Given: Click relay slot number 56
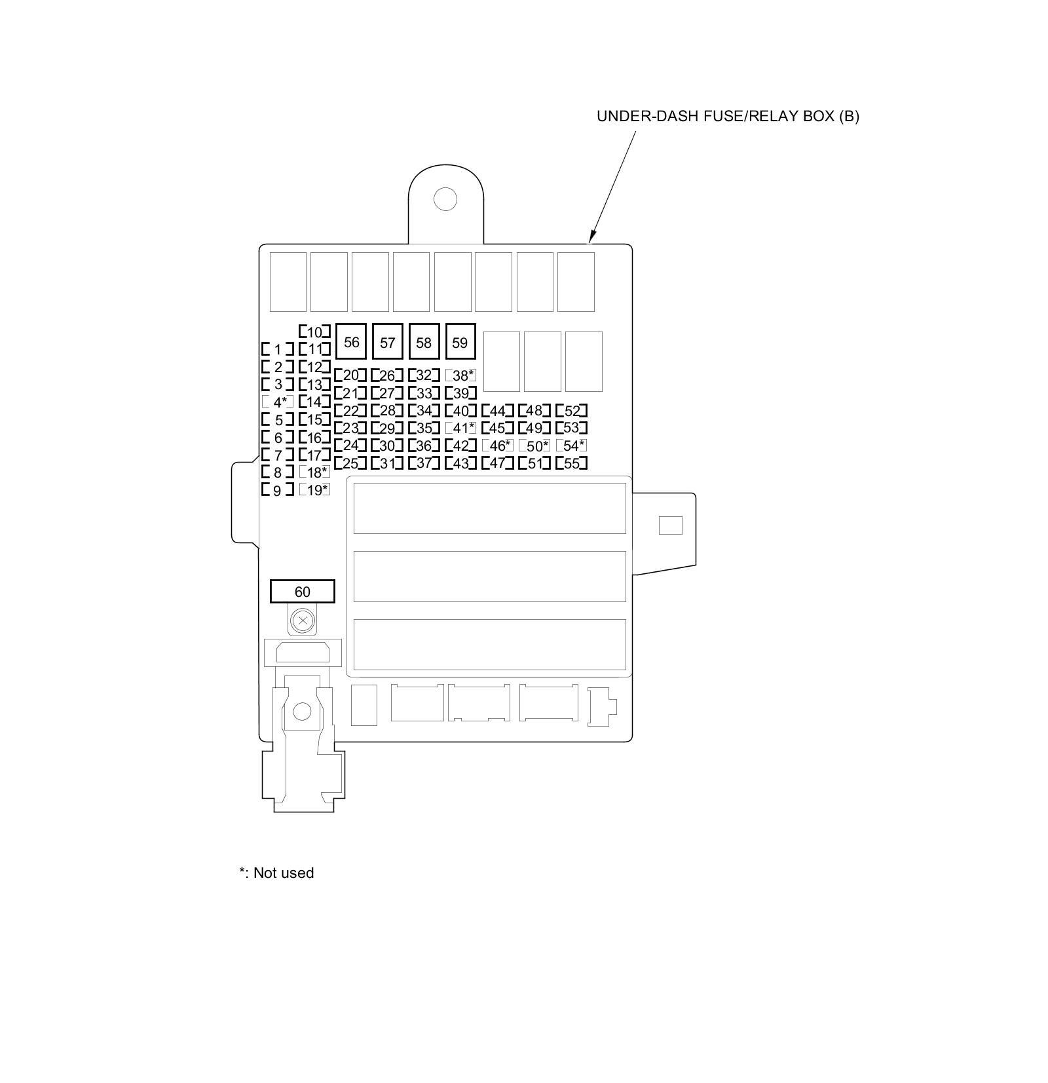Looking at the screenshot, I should click(x=351, y=342).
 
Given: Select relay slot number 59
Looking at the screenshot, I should click(x=460, y=342).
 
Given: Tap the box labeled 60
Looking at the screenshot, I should click(x=302, y=592).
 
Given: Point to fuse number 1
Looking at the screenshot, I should click(x=278, y=349).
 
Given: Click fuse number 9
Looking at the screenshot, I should click(x=278, y=490).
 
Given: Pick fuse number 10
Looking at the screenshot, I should click(x=314, y=332).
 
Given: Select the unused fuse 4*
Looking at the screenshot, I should click(x=278, y=402).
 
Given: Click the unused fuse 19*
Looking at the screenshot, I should click(x=314, y=489).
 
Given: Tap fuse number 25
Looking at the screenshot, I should click(x=350, y=463).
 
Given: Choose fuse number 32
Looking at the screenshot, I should click(x=424, y=375).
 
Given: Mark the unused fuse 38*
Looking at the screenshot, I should click(x=460, y=375).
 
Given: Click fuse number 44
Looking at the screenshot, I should click(x=497, y=411).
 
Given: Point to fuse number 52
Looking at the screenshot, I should click(x=571, y=411).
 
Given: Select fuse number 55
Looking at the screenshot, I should click(x=571, y=463).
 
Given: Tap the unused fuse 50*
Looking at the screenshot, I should click(x=534, y=446).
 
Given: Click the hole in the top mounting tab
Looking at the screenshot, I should click(x=445, y=199).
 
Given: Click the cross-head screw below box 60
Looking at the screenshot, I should click(x=302, y=620).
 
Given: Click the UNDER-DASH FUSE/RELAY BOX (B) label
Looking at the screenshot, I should click(x=727, y=117).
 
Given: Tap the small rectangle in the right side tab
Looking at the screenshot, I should click(x=670, y=525).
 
